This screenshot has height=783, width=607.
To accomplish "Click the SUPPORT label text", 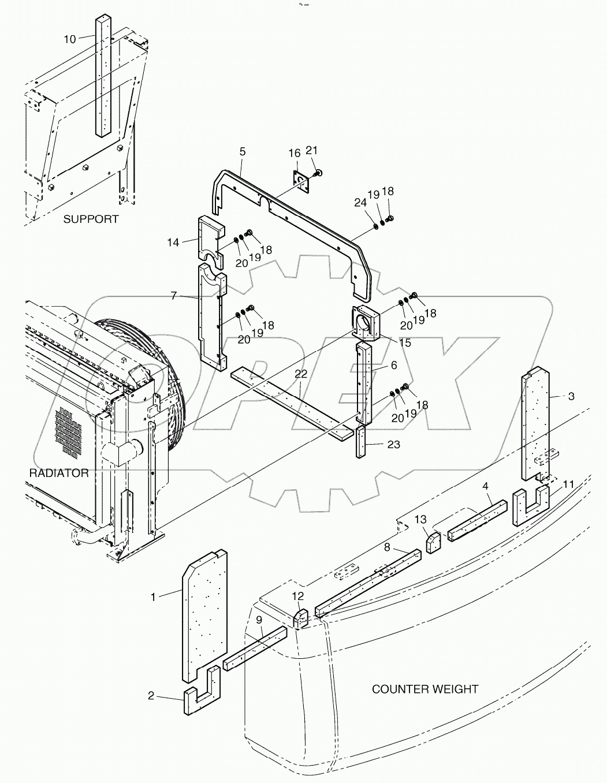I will coord(91,219).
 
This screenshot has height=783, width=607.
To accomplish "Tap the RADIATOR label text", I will coord(59,473).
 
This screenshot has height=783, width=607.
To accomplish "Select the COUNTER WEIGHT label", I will coord(424,689).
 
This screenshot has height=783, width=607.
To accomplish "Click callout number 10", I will coord(70,39).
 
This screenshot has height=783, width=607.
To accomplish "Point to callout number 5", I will coord(243,151).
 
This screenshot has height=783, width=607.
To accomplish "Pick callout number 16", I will coord(295,153).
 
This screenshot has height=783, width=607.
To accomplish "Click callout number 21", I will coord(312,151).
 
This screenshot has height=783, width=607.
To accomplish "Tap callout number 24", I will coord(360,203).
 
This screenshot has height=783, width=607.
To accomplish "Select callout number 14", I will coord(173,243).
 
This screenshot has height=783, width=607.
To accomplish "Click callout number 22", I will coord(301,374).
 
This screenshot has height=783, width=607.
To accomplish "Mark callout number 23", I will coord(394,445).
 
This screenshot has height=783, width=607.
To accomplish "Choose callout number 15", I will coord(404,342).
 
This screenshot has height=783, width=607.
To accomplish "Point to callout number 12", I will coord(297,595).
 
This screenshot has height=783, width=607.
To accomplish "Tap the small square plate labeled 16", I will coord(300,182).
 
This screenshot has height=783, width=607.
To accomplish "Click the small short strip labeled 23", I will coord(361,443).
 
